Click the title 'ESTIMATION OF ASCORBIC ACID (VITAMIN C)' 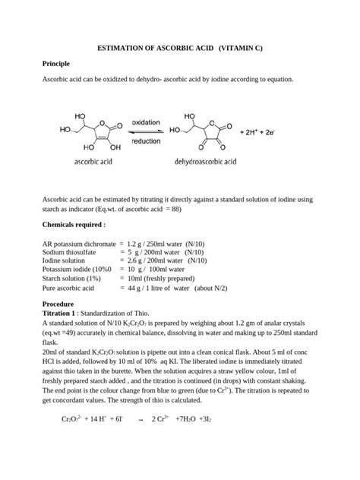pyautogui.click(x=180, y=48)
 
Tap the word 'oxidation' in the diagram pyautogui.click(x=146, y=122)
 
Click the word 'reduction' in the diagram pyautogui.click(x=146, y=141)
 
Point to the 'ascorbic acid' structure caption pyautogui.click(x=94, y=161)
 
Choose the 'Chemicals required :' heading pyautogui.click(x=74, y=225)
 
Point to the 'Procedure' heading pyautogui.click(x=61, y=304)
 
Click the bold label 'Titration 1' pyautogui.click(x=59, y=313)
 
